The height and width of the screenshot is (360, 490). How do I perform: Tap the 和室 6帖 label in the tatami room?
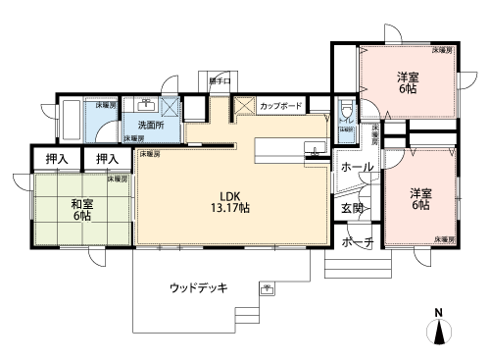tap(82, 212)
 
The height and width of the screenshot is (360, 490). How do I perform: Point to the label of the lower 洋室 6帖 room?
tap(419, 198)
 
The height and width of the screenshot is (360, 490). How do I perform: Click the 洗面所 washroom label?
tap(150, 126)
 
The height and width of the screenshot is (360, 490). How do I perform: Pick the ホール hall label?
tap(356, 167)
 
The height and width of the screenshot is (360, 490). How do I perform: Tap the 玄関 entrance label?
tap(352, 208)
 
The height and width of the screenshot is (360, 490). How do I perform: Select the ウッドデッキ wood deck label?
tap(199, 287)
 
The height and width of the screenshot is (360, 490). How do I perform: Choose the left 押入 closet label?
tap(56, 158)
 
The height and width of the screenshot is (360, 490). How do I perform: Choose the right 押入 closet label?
tap(107, 158)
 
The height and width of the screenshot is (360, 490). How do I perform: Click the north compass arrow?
tap(439, 334)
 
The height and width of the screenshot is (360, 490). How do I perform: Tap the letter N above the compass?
tap(439, 313)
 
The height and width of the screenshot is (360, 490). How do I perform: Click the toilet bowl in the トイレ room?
tap(346, 112)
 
